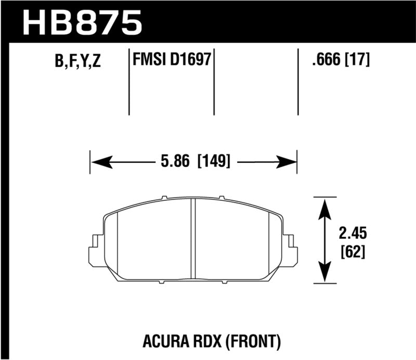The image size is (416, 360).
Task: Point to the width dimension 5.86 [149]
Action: tap(193, 162)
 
